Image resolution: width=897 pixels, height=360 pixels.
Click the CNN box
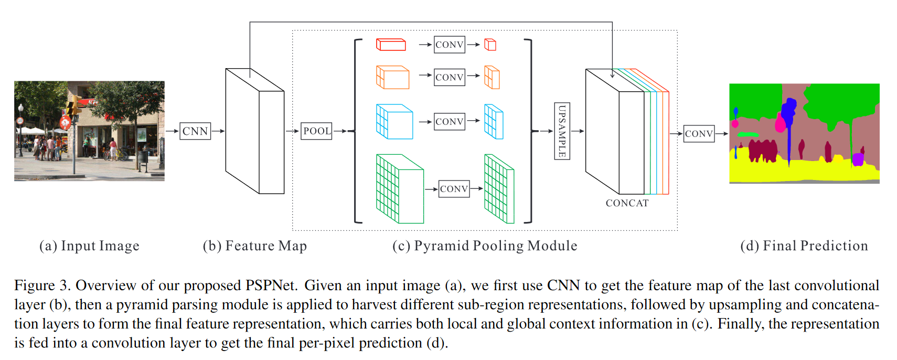tap(195, 131)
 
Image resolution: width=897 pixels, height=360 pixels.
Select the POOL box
tap(317, 131)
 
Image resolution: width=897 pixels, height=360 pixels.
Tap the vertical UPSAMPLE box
tap(562, 131)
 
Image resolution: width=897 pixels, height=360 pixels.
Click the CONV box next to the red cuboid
tap(450, 45)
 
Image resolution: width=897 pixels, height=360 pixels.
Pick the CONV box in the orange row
tap(450, 77)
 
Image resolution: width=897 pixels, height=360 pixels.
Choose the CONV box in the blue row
tap(450, 121)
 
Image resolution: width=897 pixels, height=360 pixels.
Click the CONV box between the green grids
tap(454, 189)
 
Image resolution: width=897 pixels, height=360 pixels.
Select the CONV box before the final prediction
tap(699, 134)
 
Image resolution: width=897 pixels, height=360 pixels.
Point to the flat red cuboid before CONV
tap(391, 45)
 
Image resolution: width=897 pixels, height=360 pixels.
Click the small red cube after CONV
tap(490, 45)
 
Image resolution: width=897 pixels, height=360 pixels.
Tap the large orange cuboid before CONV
tap(392, 77)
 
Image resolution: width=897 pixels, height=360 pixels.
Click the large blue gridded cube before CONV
tap(394, 121)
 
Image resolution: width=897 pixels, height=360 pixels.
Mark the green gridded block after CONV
tap(499, 189)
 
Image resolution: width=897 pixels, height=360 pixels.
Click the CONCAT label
tap(627, 203)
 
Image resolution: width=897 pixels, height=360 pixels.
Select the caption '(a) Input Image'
tap(89, 246)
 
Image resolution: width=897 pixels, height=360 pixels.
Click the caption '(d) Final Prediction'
tap(804, 246)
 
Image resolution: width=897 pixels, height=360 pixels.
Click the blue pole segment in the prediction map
tap(789, 142)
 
